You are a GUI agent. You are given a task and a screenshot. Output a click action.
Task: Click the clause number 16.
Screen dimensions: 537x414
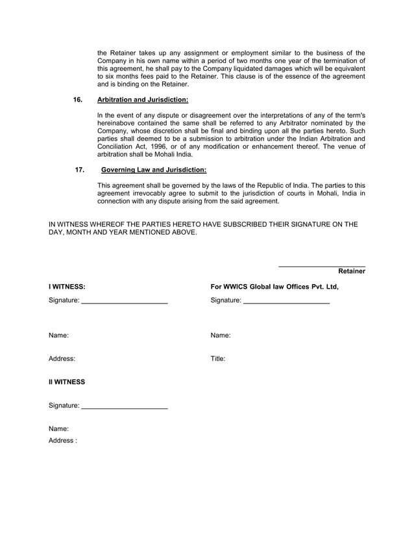(x=78, y=100)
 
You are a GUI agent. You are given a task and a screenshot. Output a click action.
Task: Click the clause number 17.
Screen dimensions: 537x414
(x=80, y=170)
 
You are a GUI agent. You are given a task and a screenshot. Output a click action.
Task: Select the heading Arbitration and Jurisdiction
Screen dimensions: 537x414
(x=142, y=100)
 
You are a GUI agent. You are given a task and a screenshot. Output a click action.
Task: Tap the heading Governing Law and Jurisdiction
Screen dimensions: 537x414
(x=154, y=170)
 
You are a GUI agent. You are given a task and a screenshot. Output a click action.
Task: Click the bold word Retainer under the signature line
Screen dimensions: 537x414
(x=352, y=271)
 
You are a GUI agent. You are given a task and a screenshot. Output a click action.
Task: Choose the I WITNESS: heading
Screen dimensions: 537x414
(x=67, y=286)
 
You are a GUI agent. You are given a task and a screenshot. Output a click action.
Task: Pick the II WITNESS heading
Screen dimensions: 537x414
(x=67, y=382)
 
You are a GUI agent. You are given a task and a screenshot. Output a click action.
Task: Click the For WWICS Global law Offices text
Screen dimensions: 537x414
(x=274, y=286)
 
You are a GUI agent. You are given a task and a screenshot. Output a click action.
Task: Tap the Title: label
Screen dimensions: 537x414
(x=218, y=358)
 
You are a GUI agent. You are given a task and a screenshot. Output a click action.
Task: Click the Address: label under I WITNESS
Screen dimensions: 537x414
(x=62, y=358)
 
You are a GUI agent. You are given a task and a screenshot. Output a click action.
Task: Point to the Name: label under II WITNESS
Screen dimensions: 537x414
(x=58, y=429)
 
